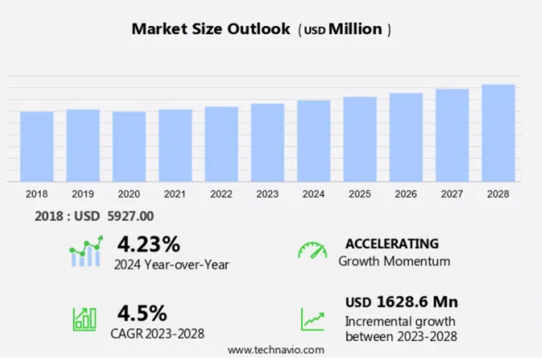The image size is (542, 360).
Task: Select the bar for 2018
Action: point(37,146)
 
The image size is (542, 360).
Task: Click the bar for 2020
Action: point(129,146)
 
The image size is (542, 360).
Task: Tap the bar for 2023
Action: point(267,143)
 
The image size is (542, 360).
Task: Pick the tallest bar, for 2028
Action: point(498,133)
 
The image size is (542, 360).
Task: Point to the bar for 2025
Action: point(360,139)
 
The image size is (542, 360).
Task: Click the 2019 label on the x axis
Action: point(83,194)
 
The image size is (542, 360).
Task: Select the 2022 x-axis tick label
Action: point(221,194)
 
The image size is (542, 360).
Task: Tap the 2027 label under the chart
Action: point(452,194)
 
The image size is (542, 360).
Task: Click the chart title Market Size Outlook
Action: point(211,29)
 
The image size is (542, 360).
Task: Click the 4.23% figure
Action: point(148,244)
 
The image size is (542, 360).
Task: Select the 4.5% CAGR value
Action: point(142,314)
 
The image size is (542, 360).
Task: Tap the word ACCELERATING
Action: point(392,244)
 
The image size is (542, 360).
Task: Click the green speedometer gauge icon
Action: point(313,251)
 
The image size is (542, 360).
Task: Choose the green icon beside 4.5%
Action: point(84,318)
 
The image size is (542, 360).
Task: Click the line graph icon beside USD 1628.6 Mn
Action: point(313,319)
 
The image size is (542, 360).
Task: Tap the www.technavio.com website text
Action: point(276,350)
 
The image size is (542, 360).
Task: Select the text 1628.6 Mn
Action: point(417,302)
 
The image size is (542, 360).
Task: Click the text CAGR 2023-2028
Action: point(157,333)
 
